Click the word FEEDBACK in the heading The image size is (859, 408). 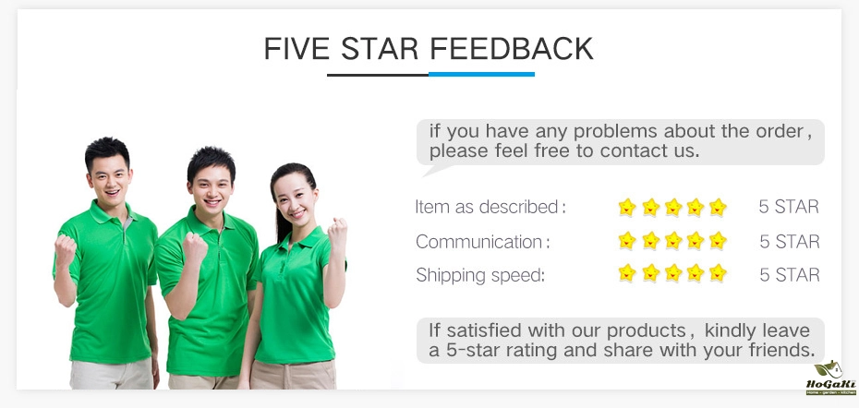click(511, 49)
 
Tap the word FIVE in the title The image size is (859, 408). click(296, 49)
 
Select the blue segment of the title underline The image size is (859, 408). click(481, 74)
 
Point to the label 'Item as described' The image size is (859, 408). click(487, 207)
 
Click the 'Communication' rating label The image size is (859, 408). click(478, 242)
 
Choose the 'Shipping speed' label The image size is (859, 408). click(480, 275)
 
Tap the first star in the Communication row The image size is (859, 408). click(627, 240)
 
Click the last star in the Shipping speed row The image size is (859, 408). click(718, 272)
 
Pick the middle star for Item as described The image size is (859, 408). click(673, 207)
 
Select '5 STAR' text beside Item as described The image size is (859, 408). click(789, 207)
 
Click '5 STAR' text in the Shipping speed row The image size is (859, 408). click(790, 275)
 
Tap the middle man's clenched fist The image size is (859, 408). click(195, 246)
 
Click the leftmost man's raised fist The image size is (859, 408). click(65, 249)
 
